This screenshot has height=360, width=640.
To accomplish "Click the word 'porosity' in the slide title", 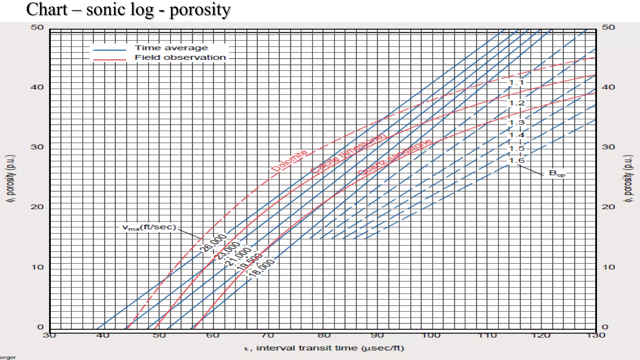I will click(x=200, y=10).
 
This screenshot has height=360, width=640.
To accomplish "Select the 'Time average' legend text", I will click(x=171, y=48).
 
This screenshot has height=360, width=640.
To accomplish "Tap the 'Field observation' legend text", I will click(x=180, y=57).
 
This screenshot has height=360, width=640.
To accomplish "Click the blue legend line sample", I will click(x=110, y=50).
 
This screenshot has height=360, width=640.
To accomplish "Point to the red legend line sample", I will click(x=110, y=59).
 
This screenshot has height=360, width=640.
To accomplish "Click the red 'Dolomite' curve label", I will click(x=289, y=161).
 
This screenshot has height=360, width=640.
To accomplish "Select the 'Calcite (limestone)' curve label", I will click(x=348, y=153).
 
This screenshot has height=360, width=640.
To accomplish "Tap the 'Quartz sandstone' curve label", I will click(x=394, y=157).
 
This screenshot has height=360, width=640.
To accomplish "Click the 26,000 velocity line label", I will click(x=213, y=242).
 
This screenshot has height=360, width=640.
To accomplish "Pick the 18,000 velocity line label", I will click(x=262, y=268).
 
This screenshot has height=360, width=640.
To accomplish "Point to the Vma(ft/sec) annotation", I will click(x=149, y=227).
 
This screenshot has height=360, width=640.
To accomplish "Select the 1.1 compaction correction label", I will click(x=516, y=82).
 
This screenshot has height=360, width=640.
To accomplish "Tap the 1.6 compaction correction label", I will click(x=516, y=161).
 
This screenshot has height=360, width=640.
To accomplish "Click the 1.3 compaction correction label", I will click(x=516, y=122).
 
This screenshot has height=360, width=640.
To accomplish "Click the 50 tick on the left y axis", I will click(x=37, y=27).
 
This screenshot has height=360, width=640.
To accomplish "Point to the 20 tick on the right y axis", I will click(x=608, y=207).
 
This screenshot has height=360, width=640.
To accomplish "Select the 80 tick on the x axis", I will click(x=324, y=336).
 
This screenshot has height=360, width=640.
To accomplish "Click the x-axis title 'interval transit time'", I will click(x=324, y=348).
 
